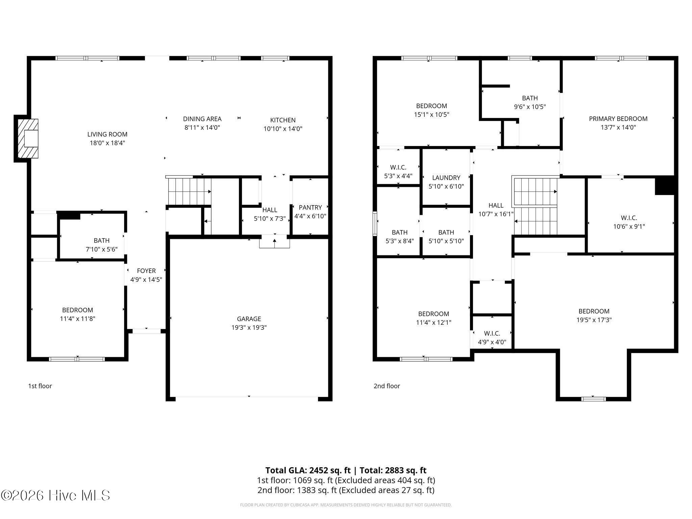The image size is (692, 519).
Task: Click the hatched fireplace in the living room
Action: coord(28,138)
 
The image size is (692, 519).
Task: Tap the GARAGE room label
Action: coord(249,319)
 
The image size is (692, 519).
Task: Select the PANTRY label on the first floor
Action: coord(310,207)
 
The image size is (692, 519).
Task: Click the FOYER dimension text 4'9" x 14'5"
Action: coord(146,279)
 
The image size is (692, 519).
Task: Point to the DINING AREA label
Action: coord(202,119)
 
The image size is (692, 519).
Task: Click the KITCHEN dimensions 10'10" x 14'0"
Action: coord(283,129)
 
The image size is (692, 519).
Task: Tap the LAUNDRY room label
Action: coord(446,178)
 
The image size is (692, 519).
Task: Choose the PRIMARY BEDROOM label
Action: coord(618,119)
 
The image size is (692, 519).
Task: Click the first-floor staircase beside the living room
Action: coord(189,191)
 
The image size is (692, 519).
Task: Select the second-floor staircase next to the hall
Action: coord(535,206)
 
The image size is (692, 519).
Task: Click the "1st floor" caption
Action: coord(40,386)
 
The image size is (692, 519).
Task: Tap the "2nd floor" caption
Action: coord(387,386)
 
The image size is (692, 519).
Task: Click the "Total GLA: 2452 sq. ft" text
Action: coord(308,470)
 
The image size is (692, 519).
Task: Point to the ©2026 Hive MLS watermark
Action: coord(56,496)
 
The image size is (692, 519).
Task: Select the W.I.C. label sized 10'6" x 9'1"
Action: coord(629,218)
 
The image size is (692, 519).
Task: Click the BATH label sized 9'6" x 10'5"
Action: coord(530,98)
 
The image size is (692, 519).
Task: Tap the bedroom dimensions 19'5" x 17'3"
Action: coord(594,320)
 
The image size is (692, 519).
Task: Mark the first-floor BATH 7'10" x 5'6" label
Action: coord(102,241)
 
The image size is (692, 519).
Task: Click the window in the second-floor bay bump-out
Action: coord(593,399)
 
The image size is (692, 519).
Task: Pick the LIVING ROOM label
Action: coord(107,134)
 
